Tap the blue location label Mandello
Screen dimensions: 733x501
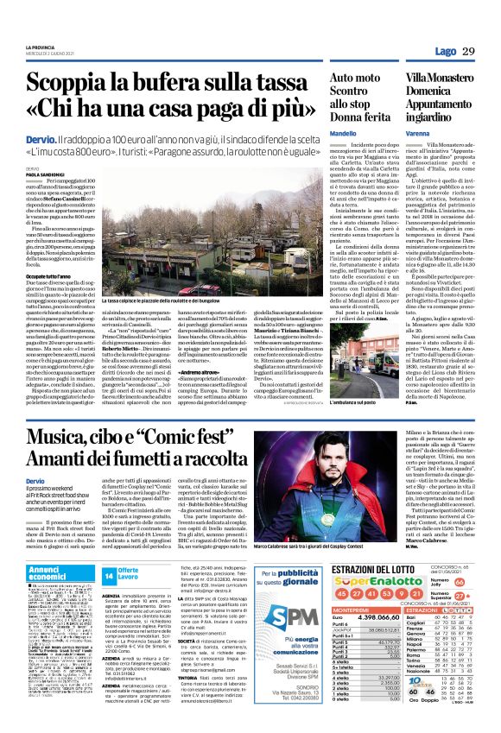342,136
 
